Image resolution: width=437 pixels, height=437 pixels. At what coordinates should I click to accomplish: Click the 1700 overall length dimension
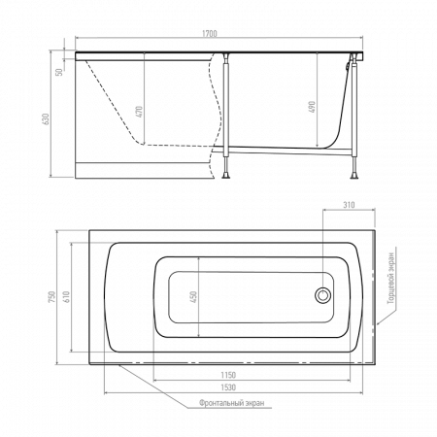pos(210,33)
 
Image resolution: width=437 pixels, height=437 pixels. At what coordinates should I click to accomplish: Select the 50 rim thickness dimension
pos(59,72)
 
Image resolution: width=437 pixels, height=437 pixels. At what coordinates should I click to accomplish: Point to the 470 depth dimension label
pos(139,112)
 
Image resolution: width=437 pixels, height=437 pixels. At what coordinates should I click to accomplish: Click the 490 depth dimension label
pos(312,107)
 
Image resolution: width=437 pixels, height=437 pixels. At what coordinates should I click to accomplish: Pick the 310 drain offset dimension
pos(349,205)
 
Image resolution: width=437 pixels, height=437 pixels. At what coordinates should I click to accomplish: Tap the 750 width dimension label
pos(52,297)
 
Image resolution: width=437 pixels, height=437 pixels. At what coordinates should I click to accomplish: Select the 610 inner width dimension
pos(66,297)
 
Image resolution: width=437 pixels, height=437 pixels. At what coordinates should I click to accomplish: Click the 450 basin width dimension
pos(193,297)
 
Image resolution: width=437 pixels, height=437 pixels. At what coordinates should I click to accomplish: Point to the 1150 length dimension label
pos(228,375)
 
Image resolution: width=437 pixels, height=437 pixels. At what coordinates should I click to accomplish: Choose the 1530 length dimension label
pos(228,387)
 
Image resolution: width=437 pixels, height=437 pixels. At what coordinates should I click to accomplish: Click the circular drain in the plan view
pos(322,295)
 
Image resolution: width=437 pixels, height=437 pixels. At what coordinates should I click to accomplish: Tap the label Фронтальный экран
pos(231,403)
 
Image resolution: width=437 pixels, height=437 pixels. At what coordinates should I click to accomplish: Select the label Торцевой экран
pos(391,279)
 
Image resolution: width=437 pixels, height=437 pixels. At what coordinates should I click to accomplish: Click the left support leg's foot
pos(225,176)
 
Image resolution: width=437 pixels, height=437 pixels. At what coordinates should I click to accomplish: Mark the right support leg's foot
pos(354,176)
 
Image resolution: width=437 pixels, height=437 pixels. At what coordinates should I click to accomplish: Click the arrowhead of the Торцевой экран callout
pos(378,323)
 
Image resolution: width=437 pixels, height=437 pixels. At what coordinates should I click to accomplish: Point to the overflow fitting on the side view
pos(349,66)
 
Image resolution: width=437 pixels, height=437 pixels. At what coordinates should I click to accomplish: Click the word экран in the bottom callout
pos(254,403)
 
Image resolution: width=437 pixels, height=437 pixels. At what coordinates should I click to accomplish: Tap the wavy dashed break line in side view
pos(216,115)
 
